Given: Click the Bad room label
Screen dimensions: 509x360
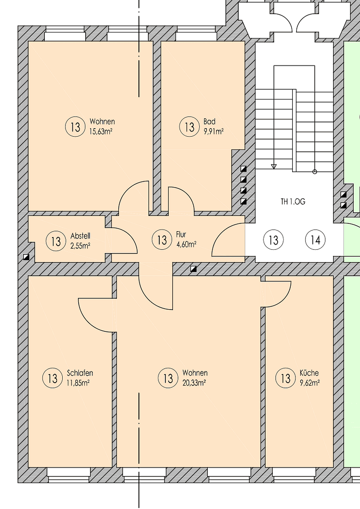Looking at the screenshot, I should (x=209, y=122).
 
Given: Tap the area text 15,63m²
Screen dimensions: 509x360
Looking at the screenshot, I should (x=101, y=131).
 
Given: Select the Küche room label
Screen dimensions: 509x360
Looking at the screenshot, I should (x=309, y=373).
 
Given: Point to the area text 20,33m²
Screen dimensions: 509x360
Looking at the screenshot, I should (x=194, y=383).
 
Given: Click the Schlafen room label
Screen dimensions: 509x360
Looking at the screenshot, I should (x=80, y=373).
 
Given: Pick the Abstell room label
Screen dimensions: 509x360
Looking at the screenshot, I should (x=80, y=236).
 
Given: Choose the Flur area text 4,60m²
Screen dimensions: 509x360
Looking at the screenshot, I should (x=186, y=244).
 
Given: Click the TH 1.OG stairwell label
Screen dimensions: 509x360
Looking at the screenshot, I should (x=293, y=201).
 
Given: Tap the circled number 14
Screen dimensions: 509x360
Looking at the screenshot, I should (x=315, y=240).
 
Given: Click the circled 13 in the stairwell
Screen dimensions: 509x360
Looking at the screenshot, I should (x=273, y=240).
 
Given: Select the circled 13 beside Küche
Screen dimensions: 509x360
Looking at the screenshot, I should (x=285, y=378).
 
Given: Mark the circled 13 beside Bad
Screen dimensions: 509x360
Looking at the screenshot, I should (x=189, y=127).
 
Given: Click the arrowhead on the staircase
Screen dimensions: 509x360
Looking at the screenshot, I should (x=274, y=166).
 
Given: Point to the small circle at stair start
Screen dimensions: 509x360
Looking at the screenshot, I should (x=315, y=172).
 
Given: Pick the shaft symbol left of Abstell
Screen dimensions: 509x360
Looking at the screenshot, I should (x=26, y=257).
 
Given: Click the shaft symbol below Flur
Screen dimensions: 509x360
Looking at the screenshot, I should (x=193, y=269).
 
